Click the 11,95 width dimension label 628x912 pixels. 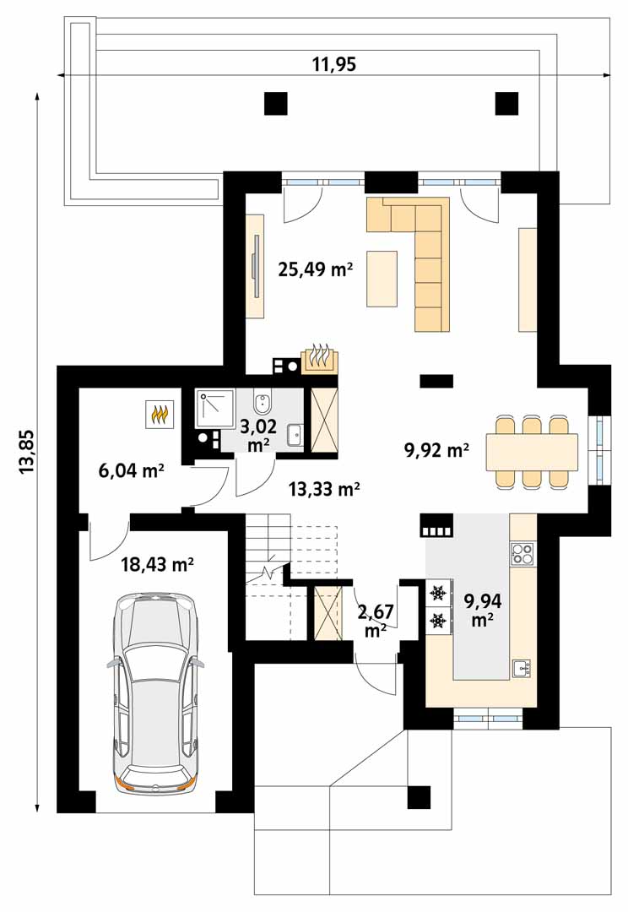click(x=333, y=64)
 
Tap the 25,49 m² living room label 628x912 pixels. click(x=316, y=269)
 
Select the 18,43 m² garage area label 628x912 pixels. click(x=157, y=563)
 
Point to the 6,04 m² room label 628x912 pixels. click(x=131, y=470)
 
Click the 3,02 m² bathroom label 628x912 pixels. click(x=257, y=436)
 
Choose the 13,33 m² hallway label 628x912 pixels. click(x=324, y=489)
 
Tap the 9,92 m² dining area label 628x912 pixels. click(x=436, y=449)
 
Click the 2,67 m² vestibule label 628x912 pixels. click(x=376, y=621)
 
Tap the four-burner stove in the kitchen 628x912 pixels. click(x=522, y=554)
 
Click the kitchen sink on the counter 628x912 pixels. click(x=522, y=670)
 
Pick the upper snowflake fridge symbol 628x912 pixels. click(x=436, y=594)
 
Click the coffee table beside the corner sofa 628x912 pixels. click(x=382, y=279)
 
